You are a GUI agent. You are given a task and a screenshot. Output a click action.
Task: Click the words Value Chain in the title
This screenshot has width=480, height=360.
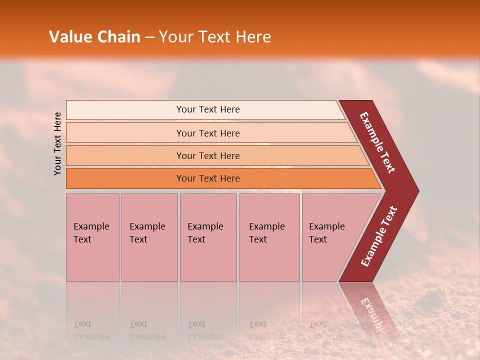pos(94,36)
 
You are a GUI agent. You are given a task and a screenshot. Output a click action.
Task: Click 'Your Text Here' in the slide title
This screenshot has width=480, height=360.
pos(215,36)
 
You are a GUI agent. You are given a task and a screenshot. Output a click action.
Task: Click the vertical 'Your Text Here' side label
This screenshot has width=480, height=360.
pos(57,143)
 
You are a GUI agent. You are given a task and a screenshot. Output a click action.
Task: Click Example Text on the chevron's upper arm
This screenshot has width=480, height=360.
pos(377,142)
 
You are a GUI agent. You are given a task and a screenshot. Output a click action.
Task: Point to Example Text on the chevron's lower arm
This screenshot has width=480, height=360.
pos(379,236)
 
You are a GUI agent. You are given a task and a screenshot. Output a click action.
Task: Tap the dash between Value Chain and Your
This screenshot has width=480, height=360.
pos(149,37)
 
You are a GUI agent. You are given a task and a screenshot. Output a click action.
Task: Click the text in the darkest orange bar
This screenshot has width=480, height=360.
pos(208,178)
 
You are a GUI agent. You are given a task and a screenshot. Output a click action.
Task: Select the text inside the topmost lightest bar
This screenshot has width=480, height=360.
pos(208,109)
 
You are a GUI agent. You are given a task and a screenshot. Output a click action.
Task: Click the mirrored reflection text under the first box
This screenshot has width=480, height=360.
pos(91,330)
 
